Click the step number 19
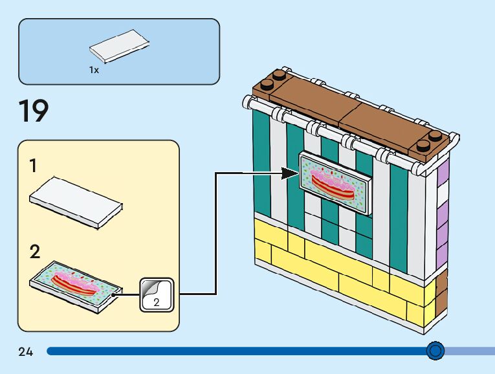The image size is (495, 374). click(34, 111)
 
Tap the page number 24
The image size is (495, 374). click(26, 352)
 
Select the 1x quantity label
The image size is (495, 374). click(94, 70)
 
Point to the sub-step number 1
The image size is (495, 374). click(33, 166)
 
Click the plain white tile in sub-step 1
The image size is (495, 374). click(76, 201)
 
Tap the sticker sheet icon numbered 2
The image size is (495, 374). click(157, 294)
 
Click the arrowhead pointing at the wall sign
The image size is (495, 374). click(291, 173)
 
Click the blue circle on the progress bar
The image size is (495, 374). click(436, 351)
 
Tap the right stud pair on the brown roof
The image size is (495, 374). click(433, 140)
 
